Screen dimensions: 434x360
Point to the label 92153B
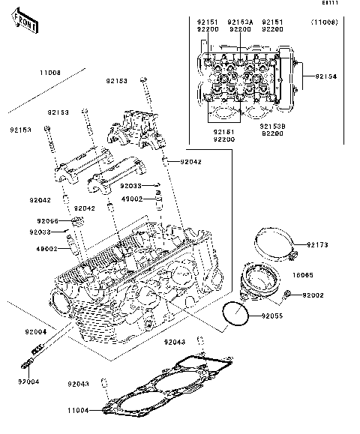click(x=273, y=132)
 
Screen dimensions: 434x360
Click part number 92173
click(x=319, y=244)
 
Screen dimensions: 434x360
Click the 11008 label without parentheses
click(x=49, y=73)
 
